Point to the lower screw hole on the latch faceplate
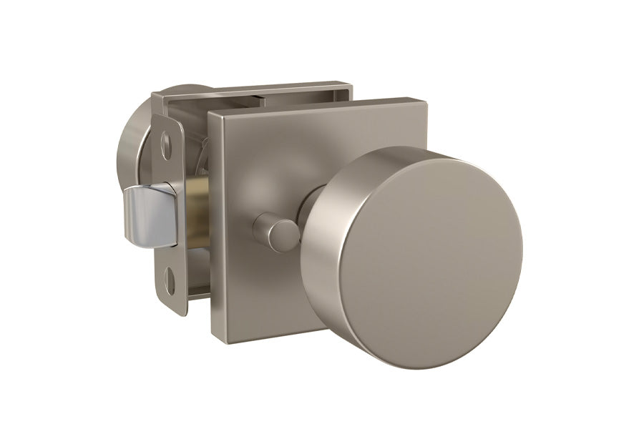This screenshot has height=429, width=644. tap(170, 280)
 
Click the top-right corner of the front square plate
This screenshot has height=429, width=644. tap(427, 99)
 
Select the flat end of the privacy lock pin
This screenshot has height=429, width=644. tap(265, 231)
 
